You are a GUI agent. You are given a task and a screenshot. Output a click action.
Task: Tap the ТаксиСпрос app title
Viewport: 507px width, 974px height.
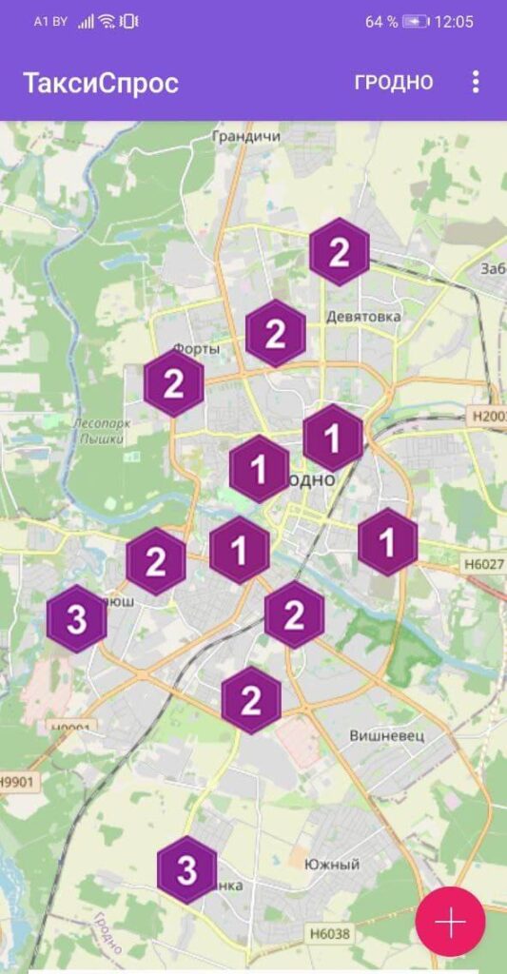pyautogui.click(x=101, y=83)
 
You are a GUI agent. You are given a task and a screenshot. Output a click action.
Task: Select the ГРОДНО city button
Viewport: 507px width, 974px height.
pyautogui.click(x=393, y=82)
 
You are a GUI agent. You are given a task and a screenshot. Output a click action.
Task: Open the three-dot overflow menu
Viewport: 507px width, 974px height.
pyautogui.click(x=476, y=82)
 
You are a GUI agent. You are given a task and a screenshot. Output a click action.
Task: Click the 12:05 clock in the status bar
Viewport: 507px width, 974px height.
pyautogui.click(x=454, y=22)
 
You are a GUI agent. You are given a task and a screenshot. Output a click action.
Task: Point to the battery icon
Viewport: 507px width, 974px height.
pyautogui.click(x=416, y=22)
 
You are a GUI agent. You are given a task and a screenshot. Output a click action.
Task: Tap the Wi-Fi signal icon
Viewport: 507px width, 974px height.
pyautogui.click(x=107, y=22)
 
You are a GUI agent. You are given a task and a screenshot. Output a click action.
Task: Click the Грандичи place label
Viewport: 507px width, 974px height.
pyautogui.click(x=246, y=137)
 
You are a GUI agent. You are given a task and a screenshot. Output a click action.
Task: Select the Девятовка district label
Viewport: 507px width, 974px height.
pyautogui.click(x=362, y=316)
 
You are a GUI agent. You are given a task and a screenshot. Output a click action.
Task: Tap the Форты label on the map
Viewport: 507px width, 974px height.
pyautogui.click(x=196, y=348)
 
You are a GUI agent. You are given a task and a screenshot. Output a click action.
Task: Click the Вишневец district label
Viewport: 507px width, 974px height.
pyautogui.click(x=386, y=735)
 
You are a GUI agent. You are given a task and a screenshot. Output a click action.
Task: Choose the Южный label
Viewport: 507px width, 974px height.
pyautogui.click(x=332, y=865)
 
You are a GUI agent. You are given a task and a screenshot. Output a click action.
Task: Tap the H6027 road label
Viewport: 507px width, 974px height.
pyautogui.click(x=484, y=564)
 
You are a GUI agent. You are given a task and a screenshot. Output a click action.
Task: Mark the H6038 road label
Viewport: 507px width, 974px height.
pyautogui.click(x=329, y=933)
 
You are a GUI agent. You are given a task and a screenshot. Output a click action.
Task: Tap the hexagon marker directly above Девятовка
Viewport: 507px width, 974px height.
pyautogui.click(x=339, y=252)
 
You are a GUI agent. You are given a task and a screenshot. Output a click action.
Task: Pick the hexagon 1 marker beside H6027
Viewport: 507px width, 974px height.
pyautogui.click(x=387, y=542)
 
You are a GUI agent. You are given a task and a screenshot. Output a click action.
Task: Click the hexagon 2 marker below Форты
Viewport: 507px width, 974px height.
pyautogui.click(x=174, y=384)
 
